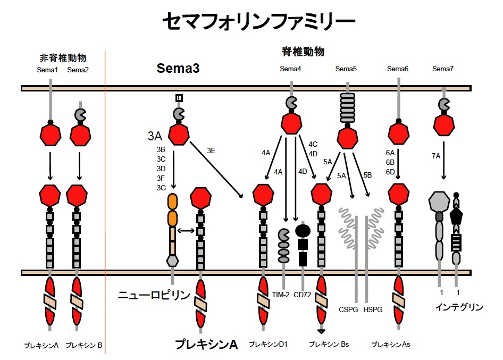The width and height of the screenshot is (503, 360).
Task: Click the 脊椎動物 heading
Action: [303, 52]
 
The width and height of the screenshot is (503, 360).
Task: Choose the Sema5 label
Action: [346, 69]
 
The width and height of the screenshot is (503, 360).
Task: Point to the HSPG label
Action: [372, 309]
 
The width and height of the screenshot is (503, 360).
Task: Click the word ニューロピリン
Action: [154, 295]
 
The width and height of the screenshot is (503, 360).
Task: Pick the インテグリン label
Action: [459, 307]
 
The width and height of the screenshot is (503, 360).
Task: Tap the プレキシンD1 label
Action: [268, 344]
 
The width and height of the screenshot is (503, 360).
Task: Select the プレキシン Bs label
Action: [329, 344]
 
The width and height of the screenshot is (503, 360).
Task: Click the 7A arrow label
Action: [435, 156]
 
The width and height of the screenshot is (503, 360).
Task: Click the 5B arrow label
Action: [367, 175]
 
